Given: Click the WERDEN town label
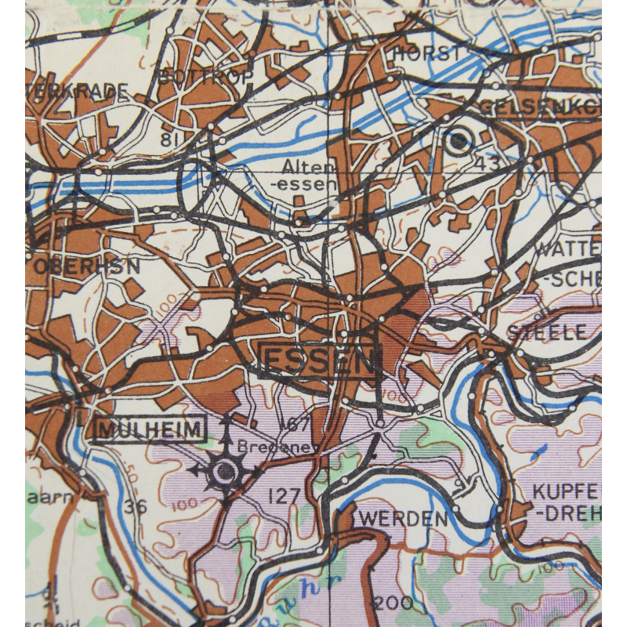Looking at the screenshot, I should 404,519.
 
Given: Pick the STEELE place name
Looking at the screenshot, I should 546,332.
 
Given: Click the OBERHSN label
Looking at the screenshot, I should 86,266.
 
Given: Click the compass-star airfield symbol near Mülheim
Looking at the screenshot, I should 226,470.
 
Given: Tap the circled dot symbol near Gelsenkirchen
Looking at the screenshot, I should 458,141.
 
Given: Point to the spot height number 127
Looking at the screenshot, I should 284,496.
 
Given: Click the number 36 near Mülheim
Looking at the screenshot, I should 135,506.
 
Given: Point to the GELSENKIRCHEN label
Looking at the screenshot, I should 541,106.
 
